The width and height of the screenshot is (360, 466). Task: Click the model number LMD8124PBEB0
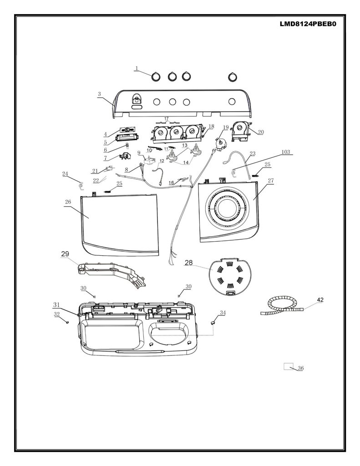click(308, 24)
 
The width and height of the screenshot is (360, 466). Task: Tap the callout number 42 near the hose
click(320, 300)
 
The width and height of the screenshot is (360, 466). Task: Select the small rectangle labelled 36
click(289, 366)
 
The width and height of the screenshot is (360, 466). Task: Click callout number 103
click(285, 152)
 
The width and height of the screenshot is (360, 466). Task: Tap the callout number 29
click(65, 254)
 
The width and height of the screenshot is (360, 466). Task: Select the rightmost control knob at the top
click(233, 77)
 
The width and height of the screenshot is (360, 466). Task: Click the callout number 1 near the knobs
click(137, 68)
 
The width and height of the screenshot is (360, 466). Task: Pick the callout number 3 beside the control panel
click(99, 94)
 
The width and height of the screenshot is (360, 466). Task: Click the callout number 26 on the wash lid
click(68, 202)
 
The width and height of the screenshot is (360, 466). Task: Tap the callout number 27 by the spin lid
click(270, 180)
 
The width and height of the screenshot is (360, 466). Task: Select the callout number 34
click(223, 313)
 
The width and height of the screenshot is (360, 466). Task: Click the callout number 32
click(56, 314)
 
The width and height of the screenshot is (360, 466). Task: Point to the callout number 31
click(56, 304)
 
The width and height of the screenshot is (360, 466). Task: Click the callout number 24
click(65, 174)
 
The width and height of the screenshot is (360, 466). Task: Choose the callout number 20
click(261, 132)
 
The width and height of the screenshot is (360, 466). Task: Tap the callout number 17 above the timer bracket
click(166, 119)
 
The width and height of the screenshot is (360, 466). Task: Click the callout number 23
click(253, 154)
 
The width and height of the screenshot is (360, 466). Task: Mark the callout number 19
click(226, 127)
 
